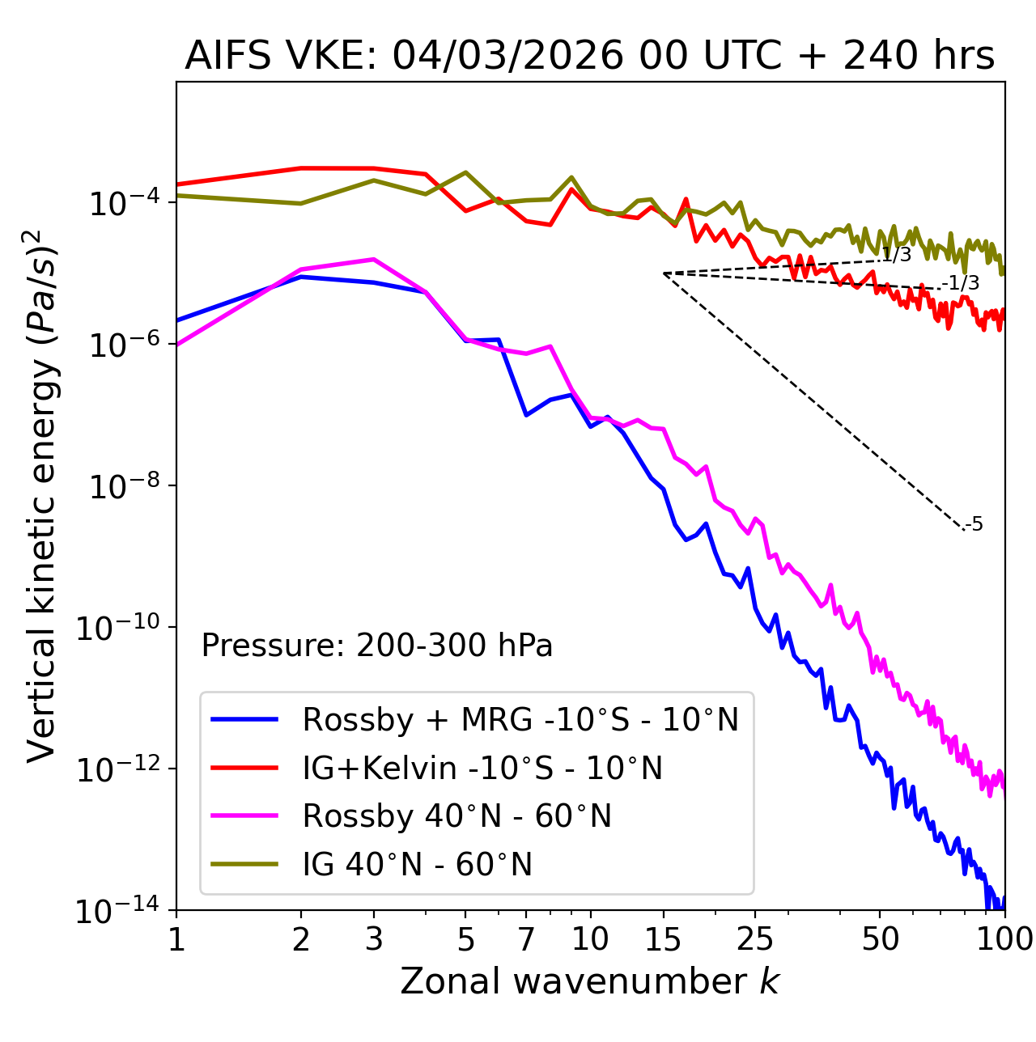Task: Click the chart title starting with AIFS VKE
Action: (x=589, y=57)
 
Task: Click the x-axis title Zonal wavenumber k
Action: (x=589, y=981)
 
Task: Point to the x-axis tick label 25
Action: (x=755, y=939)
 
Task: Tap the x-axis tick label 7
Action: (x=526, y=939)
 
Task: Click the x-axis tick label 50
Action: (x=880, y=939)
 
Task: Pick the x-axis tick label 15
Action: (x=663, y=939)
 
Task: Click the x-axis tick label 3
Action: (x=373, y=939)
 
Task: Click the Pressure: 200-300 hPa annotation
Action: (x=376, y=646)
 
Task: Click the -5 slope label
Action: (x=974, y=524)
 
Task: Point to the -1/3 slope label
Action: (x=962, y=283)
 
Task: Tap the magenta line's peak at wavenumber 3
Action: (x=373, y=260)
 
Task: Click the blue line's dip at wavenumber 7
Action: (x=526, y=415)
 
